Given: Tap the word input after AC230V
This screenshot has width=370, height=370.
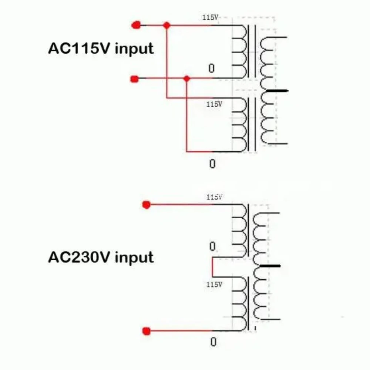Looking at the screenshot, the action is [x=134, y=258].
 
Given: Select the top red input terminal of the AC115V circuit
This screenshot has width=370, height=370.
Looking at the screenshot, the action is [x=136, y=25].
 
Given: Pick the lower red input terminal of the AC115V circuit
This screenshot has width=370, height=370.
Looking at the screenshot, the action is [x=135, y=79].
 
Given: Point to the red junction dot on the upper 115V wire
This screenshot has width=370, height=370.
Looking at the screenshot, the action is [x=166, y=25].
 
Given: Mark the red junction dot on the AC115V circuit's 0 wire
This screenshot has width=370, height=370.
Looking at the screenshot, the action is [x=186, y=78].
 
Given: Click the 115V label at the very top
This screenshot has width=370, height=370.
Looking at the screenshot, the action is [x=210, y=17].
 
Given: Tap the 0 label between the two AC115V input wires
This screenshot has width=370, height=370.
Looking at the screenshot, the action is [x=211, y=68].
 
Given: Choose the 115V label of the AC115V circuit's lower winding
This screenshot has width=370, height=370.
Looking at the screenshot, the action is [x=214, y=104].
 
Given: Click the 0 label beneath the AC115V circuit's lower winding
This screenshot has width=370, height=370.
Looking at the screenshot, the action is [x=212, y=164].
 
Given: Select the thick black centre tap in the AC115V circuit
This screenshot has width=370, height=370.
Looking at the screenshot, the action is [x=277, y=91].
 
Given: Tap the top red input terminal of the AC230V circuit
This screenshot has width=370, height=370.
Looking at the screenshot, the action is [x=146, y=205].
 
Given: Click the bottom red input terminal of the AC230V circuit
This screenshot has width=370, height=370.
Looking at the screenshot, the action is [x=146, y=331].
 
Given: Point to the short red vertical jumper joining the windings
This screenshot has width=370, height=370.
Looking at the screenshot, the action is [x=212, y=267].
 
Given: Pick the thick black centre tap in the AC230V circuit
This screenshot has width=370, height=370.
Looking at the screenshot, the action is [x=270, y=266].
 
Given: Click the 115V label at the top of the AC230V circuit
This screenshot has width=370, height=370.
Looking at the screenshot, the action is [x=214, y=197].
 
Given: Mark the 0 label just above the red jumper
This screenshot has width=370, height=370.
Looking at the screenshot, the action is [x=212, y=246].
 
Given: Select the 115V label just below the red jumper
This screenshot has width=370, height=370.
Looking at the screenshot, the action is [x=214, y=284].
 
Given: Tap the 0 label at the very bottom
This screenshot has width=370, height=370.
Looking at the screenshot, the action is [x=213, y=342].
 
